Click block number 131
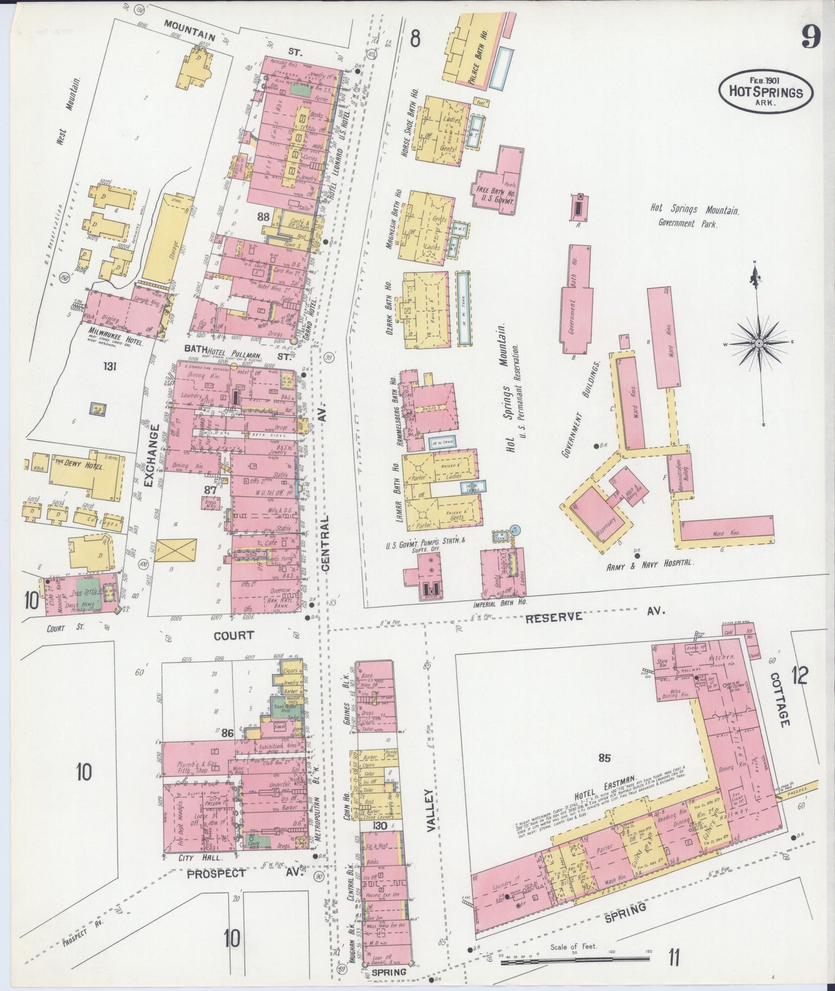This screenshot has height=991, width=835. pos(110,365)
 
